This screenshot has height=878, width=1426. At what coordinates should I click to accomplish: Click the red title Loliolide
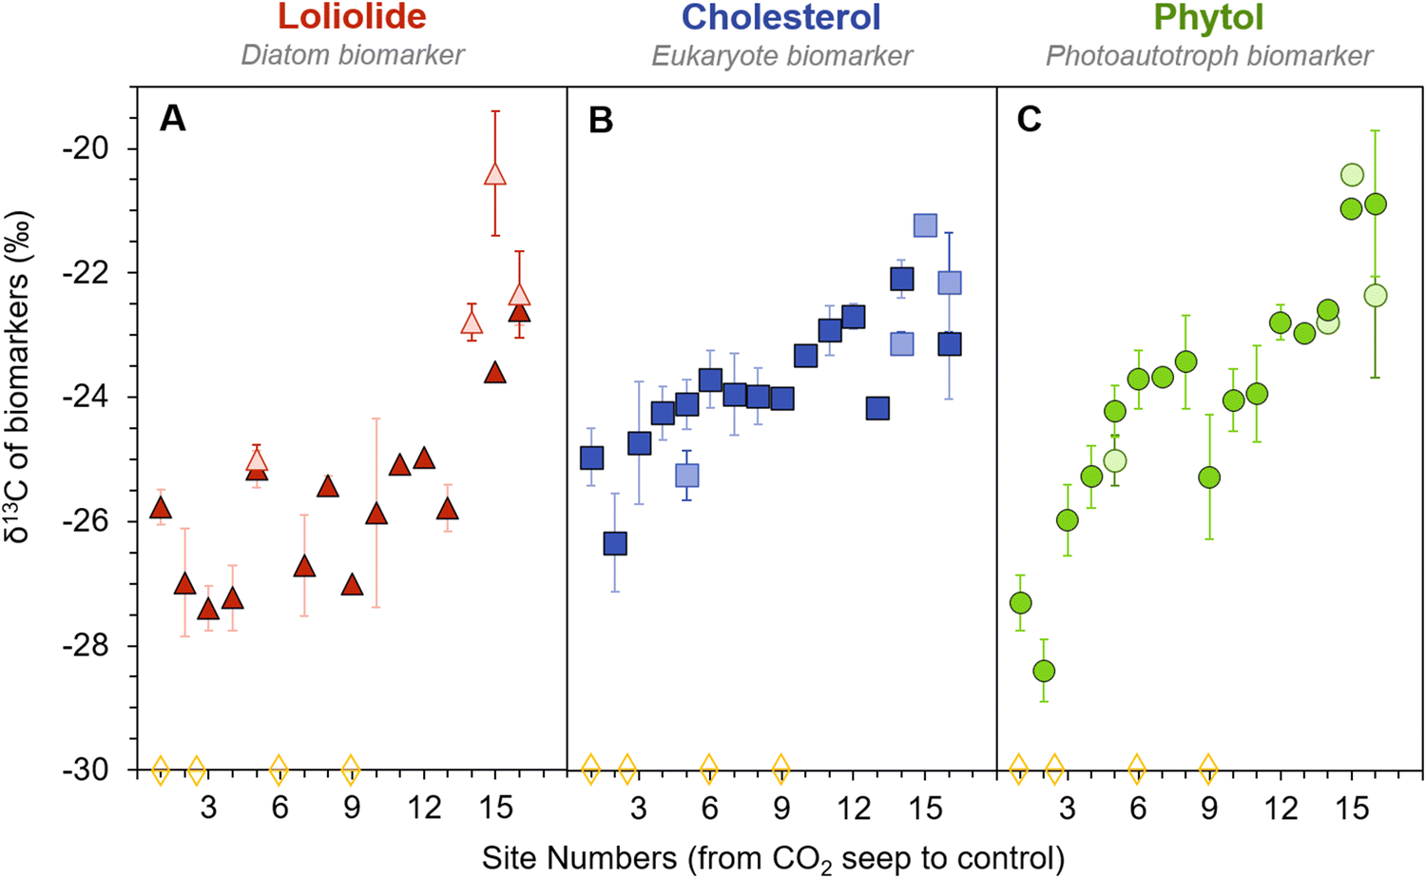352,17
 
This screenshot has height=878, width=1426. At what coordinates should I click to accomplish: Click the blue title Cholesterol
781,17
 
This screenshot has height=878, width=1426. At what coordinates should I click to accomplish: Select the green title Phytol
1208,17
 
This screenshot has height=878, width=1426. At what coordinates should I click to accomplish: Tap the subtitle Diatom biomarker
352,55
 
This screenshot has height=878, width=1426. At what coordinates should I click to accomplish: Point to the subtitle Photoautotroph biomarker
1208,55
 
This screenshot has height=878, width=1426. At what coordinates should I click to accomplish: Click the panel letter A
172,120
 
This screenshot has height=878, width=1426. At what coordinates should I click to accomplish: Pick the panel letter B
601,120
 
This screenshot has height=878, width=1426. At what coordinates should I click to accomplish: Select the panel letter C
1030,120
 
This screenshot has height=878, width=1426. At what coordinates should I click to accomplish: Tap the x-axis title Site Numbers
772,857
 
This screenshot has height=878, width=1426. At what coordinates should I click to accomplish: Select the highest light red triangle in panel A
494,174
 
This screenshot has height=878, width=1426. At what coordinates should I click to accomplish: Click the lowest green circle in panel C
1044,671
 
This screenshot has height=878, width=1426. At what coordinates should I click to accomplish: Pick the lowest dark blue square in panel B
615,543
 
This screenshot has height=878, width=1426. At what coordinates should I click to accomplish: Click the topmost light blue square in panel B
925,225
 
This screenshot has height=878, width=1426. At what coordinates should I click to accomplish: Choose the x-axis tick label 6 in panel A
279,809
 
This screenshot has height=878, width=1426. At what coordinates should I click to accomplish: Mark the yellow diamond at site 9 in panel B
780,768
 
